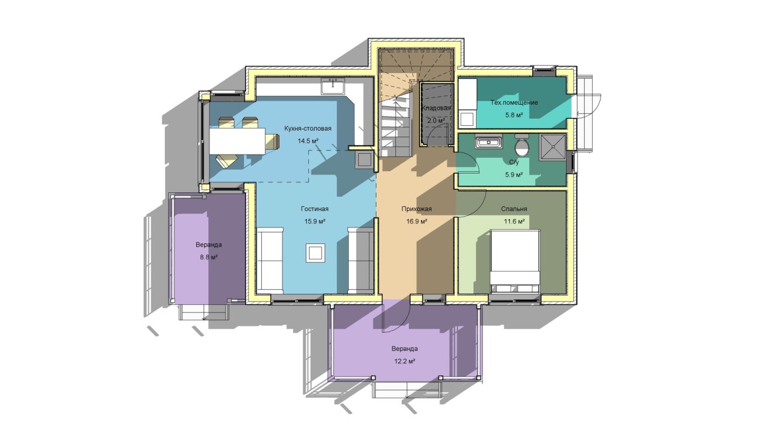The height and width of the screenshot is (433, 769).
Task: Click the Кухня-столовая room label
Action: [x=308, y=129]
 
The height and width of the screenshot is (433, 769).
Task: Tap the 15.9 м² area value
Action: [x=315, y=221]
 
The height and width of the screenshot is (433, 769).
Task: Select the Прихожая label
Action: [x=416, y=209]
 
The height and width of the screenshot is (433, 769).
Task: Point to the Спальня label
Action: [x=514, y=209]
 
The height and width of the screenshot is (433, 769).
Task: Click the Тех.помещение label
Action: [x=514, y=103]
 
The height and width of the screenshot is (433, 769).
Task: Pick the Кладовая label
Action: [x=436, y=107]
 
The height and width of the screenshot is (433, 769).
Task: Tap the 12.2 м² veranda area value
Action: [x=404, y=361]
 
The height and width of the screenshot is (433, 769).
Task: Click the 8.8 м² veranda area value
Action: [x=209, y=257]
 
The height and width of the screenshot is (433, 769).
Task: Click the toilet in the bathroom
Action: [x=522, y=145]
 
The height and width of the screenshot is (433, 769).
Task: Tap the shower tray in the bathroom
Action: [x=553, y=147]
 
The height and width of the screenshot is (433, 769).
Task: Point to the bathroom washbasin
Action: [x=489, y=142]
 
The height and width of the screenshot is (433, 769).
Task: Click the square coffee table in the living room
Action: [x=315, y=253]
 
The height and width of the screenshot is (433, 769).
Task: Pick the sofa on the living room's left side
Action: [x=270, y=260]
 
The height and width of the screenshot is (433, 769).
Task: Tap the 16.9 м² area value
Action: [x=416, y=221]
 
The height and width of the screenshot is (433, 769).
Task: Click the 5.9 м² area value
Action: [x=514, y=174]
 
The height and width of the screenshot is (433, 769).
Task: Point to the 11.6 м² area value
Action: [x=514, y=221]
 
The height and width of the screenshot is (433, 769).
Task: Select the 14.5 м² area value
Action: [x=308, y=141]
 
